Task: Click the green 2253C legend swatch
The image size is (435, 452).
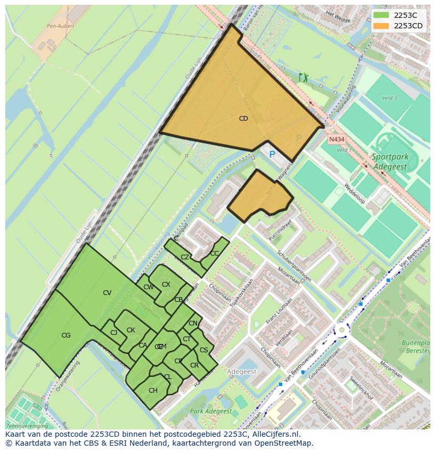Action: pyautogui.click(x=382, y=15)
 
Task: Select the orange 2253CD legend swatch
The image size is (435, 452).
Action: pyautogui.click(x=382, y=25)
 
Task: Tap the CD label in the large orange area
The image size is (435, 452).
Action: pyautogui.click(x=243, y=119)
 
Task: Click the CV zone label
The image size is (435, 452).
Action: pyautogui.click(x=107, y=293)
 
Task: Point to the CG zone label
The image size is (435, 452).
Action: pyautogui.click(x=66, y=335)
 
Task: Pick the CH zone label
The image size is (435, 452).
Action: pyautogui.click(x=153, y=391)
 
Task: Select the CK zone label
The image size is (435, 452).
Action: pyautogui.click(x=131, y=330)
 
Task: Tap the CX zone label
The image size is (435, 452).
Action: pyautogui.click(x=166, y=285)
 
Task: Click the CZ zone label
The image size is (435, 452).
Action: pyautogui.click(x=185, y=257)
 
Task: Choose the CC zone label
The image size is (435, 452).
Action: pyautogui.click(x=214, y=253)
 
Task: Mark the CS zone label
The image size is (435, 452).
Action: pyautogui.click(x=204, y=350)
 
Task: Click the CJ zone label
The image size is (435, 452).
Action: pyautogui.click(x=113, y=332)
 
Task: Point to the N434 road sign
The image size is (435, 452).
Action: pyautogui.click(x=337, y=140)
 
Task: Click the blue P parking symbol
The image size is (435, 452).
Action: pyautogui.click(x=272, y=154)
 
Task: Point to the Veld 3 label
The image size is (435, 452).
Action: pyautogui.click(x=389, y=98)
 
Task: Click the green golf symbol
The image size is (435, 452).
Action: pyautogui.click(x=303, y=78)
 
